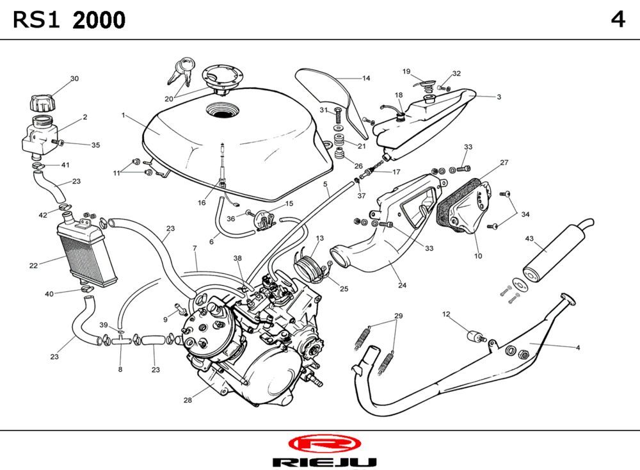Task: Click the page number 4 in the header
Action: point(618,20)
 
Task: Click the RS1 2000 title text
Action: point(69,20)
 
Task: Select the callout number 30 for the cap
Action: point(74,79)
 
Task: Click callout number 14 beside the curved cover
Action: point(366,79)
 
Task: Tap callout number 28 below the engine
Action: point(188,400)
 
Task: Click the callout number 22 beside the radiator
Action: point(33,265)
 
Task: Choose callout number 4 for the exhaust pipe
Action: point(578,348)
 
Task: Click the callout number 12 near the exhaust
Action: point(446,314)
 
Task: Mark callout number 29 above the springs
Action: point(398,316)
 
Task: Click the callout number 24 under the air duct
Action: point(402,286)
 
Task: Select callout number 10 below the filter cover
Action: point(478,256)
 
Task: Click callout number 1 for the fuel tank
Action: point(122,115)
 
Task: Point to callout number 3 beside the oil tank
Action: point(499,97)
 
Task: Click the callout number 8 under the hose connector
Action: point(120,369)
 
